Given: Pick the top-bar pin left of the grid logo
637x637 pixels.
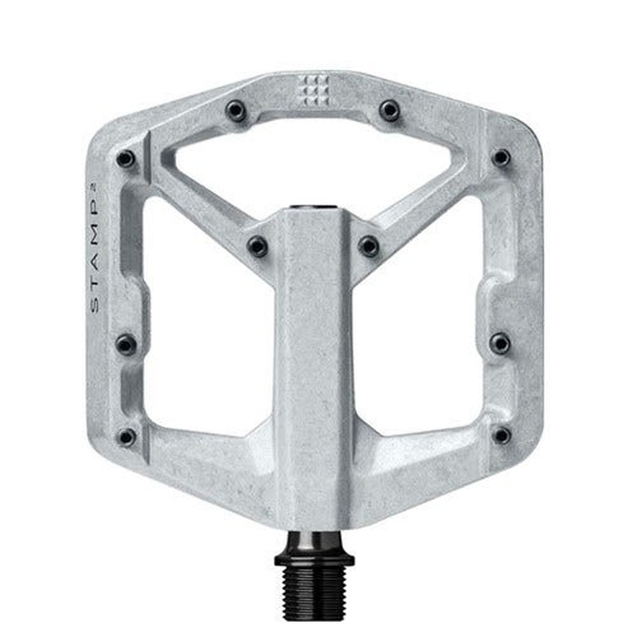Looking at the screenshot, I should click(236, 111).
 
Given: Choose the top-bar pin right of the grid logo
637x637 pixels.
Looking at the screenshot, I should click(389, 110).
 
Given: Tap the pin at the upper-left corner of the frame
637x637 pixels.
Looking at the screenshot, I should click(126, 158).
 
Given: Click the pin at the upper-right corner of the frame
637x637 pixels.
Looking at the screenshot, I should click(501, 158).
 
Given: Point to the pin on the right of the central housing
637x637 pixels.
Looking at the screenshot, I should click(369, 246).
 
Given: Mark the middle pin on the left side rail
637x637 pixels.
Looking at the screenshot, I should click(126, 344).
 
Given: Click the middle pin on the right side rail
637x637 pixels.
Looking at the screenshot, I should click(500, 343).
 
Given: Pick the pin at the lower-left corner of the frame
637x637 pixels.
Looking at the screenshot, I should click(126, 436).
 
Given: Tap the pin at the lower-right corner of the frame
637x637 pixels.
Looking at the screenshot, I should click(502, 436).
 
